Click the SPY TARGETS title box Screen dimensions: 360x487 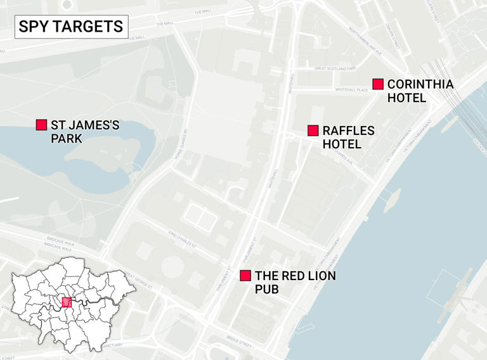tap(71, 27)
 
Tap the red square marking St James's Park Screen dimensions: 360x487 tap(42, 125)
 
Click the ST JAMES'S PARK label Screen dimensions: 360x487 tap(84, 131)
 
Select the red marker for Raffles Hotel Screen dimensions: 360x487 tap(313, 131)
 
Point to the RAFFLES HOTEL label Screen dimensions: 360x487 tap(348, 138)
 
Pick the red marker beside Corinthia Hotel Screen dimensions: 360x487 tap(378, 84)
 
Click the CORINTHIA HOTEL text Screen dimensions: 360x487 tap(420, 91)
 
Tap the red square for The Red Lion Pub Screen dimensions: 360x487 tap(245, 276)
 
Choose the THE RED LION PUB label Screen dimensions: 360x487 tap(295, 283)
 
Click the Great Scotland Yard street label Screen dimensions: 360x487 tap(335, 68)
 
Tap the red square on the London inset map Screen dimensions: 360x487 tap(67, 302)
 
